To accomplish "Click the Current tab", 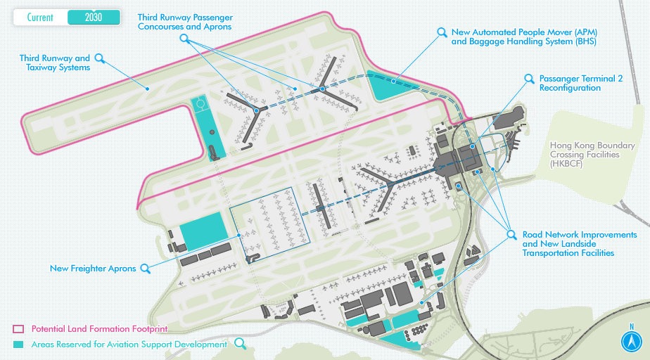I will point(40,18).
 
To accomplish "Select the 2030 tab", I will point(93,18).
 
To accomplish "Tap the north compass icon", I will point(632,342).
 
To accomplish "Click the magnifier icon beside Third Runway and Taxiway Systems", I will point(100,58).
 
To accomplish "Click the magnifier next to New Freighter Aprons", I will point(145,268).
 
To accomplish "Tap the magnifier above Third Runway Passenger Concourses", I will point(185,39).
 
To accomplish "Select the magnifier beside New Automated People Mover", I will point(442,32).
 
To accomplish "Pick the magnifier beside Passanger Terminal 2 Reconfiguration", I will point(529,79).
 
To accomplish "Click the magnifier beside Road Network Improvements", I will point(511,234).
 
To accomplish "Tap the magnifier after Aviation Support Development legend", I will point(241,344).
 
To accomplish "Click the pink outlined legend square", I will point(18,329).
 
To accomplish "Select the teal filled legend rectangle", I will point(18,345).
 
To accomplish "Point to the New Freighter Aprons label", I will point(93,269).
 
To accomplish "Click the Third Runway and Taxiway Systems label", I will point(55,63).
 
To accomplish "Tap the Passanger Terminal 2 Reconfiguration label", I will point(580,84).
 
